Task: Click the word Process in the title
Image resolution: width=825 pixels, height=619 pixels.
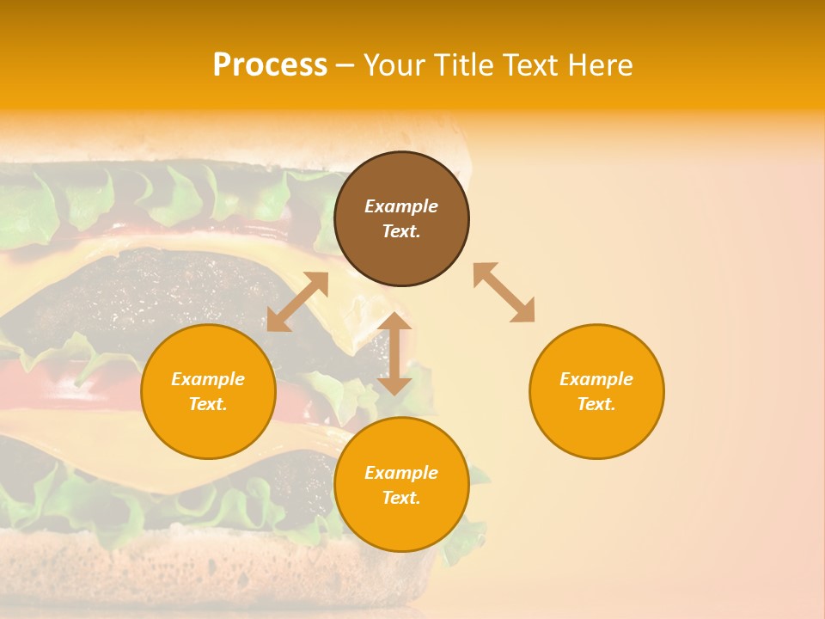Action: pyautogui.click(x=270, y=65)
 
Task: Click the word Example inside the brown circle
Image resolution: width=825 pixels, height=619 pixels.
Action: pyautogui.click(x=401, y=206)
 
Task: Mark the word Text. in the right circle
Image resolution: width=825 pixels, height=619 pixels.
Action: pyautogui.click(x=596, y=404)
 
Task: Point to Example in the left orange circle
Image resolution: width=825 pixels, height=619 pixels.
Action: pyautogui.click(x=208, y=379)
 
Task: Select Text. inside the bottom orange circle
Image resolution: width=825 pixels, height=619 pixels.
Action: pyautogui.click(x=401, y=498)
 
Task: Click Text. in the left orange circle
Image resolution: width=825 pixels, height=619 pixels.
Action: pyautogui.click(x=208, y=404)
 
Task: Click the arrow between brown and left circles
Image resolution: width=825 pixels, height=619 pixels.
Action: pyautogui.click(x=297, y=302)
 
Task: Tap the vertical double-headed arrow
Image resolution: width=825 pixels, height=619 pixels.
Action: pyautogui.click(x=394, y=353)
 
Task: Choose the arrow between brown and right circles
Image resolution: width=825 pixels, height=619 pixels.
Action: pyautogui.click(x=504, y=292)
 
